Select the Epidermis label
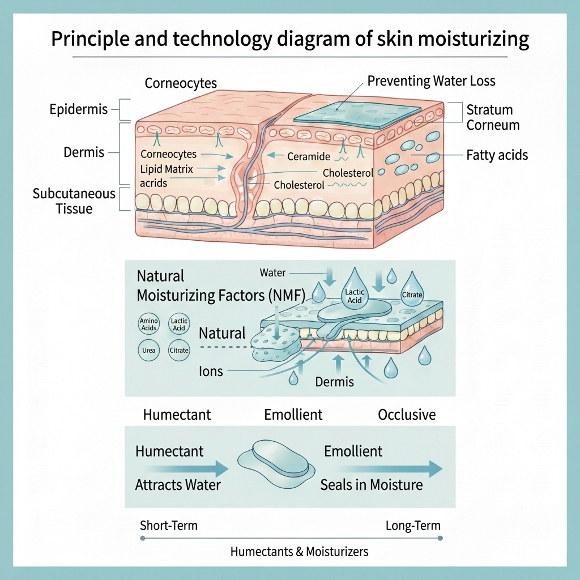click(78, 109)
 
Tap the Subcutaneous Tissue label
click(74, 201)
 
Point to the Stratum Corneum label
click(489, 117)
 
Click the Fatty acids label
click(497, 154)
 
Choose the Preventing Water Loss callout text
click(431, 81)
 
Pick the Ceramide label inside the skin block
click(309, 156)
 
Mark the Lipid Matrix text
click(167, 169)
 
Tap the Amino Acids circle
click(149, 325)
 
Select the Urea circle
click(149, 350)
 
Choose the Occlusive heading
click(407, 415)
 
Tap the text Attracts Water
click(178, 485)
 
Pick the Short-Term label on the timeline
click(168, 526)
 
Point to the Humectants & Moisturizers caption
click(299, 551)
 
